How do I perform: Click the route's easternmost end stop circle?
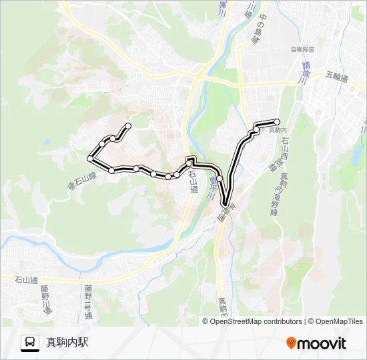tap(276, 121)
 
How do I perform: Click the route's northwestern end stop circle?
tap(128, 126)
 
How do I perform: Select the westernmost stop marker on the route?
tap(89, 158)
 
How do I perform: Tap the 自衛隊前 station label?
tap(302, 50)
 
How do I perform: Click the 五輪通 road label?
tap(338, 77)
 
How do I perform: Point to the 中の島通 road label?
tap(251, 30)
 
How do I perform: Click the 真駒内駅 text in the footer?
tap(67, 343)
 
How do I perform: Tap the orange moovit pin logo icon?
tap(291, 343)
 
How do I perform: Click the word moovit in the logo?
tap(322, 343)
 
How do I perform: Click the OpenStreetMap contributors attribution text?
tap(256, 321)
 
